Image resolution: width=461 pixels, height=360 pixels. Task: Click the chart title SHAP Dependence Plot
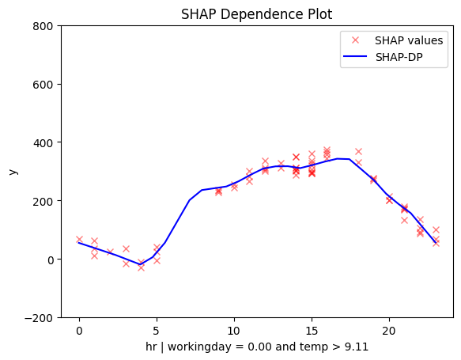[x=256, y=14]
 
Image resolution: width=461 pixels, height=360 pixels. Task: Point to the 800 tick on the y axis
[x=43, y=26]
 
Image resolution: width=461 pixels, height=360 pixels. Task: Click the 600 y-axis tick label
[x=43, y=85]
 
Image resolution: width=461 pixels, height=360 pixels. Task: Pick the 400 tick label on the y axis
[x=43, y=143]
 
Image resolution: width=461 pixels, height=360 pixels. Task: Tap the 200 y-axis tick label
[x=43, y=202]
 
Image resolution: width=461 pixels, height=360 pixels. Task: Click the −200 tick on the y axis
[x=39, y=318]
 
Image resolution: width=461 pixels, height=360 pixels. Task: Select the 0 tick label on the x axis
[x=79, y=331]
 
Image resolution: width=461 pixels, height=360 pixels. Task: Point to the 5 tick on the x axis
[x=157, y=331]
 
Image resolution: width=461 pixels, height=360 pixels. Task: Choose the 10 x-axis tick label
[x=234, y=331]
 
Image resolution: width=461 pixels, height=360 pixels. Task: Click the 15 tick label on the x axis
[x=312, y=331]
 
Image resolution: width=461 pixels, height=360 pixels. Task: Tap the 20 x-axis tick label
[x=389, y=331]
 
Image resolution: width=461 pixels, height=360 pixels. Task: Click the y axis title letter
[x=13, y=172]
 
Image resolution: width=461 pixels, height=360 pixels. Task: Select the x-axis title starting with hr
[x=257, y=347]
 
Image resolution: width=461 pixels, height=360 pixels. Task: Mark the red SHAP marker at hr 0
[x=79, y=240]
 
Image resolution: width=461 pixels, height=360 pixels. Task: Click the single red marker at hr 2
[x=110, y=252]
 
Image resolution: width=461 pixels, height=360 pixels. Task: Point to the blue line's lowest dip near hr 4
[x=140, y=264]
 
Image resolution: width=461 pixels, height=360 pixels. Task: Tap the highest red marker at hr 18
[x=358, y=152]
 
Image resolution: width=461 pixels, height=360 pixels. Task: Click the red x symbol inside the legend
[x=356, y=40]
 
